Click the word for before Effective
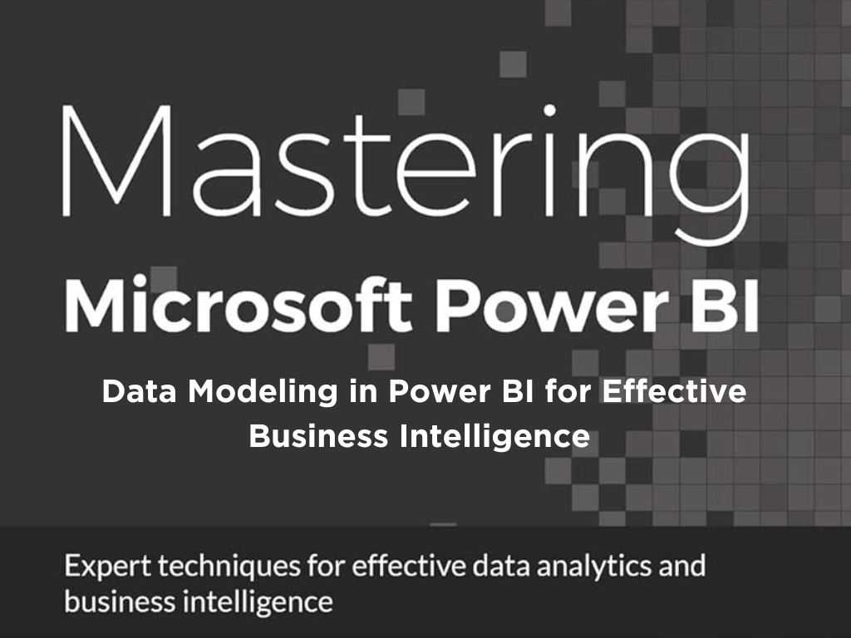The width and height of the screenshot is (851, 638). (568, 392)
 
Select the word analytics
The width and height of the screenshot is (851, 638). (593, 567)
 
